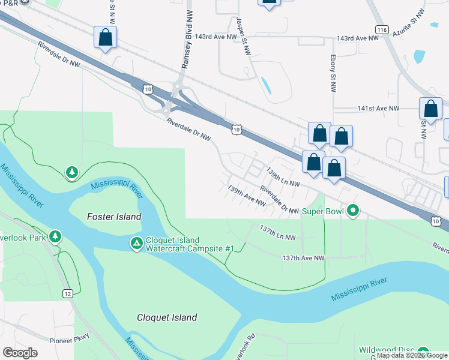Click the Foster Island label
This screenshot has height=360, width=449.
pyautogui.click(x=114, y=217)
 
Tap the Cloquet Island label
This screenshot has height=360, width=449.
pyautogui.click(x=167, y=317)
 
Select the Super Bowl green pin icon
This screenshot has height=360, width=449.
pyautogui.click(x=354, y=211)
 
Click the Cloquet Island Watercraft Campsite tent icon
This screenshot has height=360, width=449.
pyautogui.click(x=136, y=244)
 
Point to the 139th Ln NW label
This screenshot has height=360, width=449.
pyautogui.click(x=283, y=178)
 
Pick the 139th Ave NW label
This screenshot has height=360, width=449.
pyautogui.click(x=247, y=195)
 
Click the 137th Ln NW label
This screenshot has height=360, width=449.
pyautogui.click(x=278, y=233)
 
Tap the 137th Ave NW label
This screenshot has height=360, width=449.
pyautogui.click(x=303, y=257)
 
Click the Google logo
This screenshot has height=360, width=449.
pyautogui.click(x=20, y=353)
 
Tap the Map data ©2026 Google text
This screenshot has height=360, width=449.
pyautogui.click(x=412, y=355)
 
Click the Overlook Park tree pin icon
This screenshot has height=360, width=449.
pyautogui.click(x=55, y=236)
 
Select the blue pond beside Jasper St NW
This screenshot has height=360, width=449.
pyautogui.click(x=265, y=86)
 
